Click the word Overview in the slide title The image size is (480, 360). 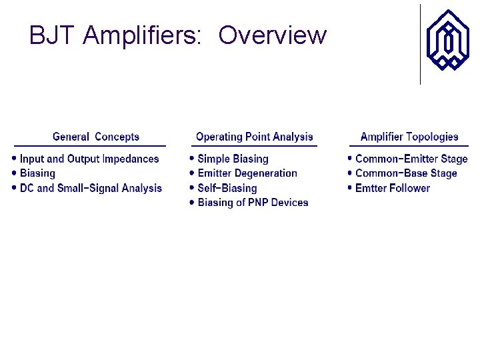tap(272, 35)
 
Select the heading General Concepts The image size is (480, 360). tap(96, 137)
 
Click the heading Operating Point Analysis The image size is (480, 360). tap(254, 137)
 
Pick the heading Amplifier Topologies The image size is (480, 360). tap(409, 137)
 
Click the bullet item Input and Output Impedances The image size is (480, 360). tap(89, 159)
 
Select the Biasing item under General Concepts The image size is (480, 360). tap(37, 173)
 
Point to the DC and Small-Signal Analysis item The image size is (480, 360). tap(91, 188)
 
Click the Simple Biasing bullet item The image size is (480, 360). tap(233, 159)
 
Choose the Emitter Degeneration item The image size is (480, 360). tap(247, 173)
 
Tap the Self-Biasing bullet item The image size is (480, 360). tap(227, 188)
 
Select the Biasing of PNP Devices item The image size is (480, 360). tap(253, 203)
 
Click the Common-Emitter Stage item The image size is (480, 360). tap(411, 159)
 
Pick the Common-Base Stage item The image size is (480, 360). tap(406, 173)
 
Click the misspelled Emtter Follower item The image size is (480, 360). tap(393, 188)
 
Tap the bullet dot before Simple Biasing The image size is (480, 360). tap(192, 159)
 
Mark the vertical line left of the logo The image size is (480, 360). tap(420, 44)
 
